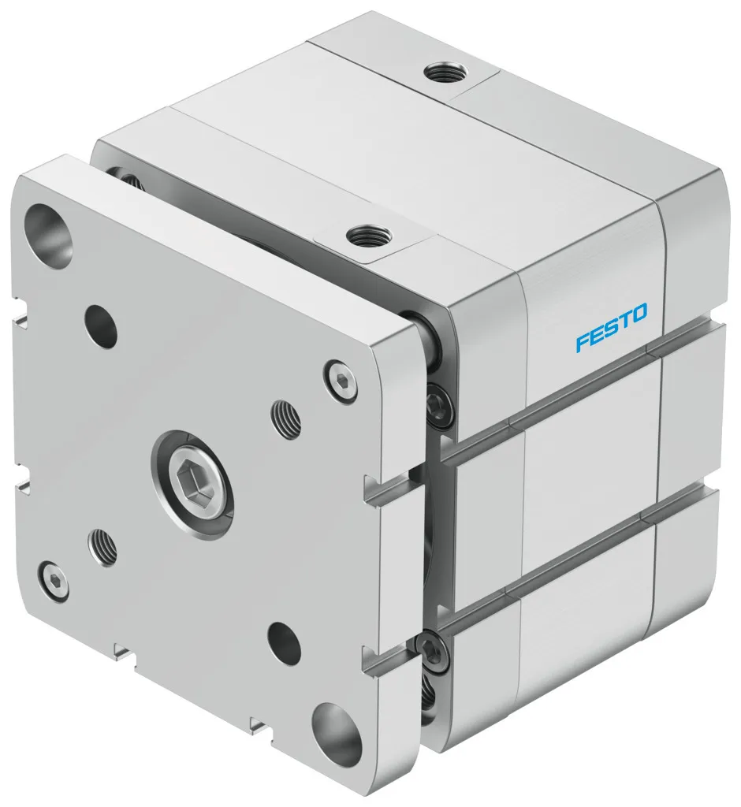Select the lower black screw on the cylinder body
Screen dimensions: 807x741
[x=431, y=649]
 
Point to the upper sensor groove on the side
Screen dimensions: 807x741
[x=583, y=384]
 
